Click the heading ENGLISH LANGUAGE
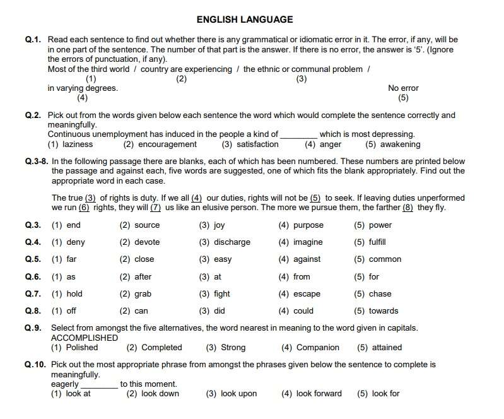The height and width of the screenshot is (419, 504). (245, 20)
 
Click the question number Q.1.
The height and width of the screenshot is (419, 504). (33, 40)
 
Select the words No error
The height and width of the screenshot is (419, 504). (403, 88)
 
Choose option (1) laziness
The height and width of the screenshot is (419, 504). (70, 145)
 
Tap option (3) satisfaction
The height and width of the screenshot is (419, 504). (250, 145)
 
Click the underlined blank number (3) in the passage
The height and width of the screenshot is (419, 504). (90, 198)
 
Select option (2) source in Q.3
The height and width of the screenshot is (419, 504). (139, 225)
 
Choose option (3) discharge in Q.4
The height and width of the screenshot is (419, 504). (225, 242)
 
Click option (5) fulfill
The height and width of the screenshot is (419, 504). (370, 242)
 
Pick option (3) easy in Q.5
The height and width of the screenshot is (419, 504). (215, 259)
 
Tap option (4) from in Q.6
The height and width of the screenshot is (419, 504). (295, 276)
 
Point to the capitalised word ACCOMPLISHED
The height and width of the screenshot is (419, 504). (85, 338)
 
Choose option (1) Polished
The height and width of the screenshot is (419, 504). (74, 348)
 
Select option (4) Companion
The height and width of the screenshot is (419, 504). (310, 348)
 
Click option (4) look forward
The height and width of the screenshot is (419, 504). (311, 394)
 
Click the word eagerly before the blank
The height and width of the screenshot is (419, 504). (65, 384)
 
